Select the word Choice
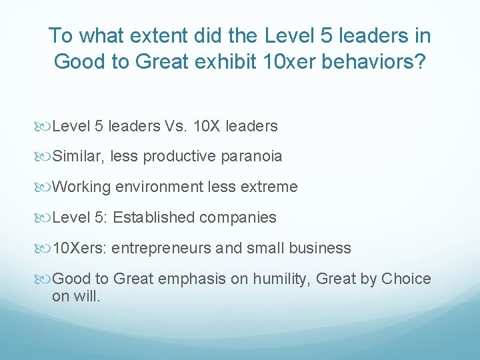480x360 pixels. click(x=406, y=279)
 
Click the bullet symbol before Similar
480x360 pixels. click(x=45, y=157)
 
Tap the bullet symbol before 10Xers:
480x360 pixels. click(x=45, y=249)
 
